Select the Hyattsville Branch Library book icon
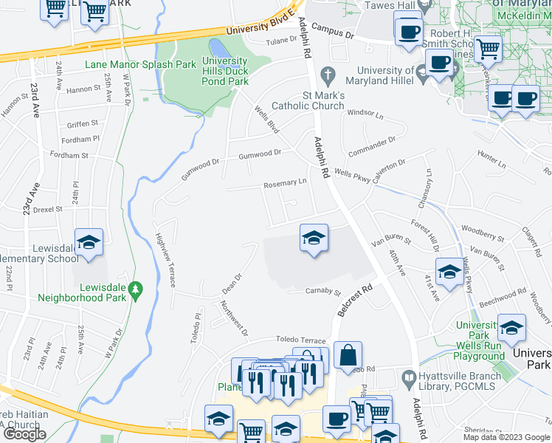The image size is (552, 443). point(409,377)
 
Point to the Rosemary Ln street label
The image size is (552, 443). point(285,182)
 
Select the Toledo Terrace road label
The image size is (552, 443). point(300,339)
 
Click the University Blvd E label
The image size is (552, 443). point(255,30)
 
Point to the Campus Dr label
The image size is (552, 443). point(333,30)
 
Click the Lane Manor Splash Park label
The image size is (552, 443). point(140,64)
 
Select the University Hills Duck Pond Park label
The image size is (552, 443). point(225,72)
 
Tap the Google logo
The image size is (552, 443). point(24,434)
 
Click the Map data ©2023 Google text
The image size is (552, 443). point(507,437)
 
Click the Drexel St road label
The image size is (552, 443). point(48,209)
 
